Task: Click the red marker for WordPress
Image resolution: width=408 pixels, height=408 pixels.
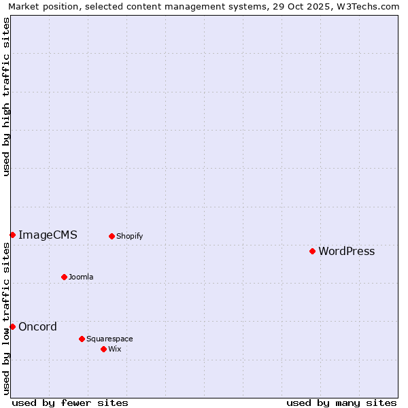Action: (312, 251)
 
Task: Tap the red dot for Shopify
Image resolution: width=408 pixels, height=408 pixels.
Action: (112, 236)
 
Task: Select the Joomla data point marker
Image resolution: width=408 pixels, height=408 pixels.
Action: (64, 277)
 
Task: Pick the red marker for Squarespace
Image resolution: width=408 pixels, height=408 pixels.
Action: (82, 339)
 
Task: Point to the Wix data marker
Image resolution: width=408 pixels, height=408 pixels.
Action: (103, 349)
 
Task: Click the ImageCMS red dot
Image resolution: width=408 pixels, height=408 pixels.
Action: (12, 235)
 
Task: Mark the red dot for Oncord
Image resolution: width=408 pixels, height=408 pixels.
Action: (12, 326)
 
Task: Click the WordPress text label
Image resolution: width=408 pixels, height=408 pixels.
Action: (346, 252)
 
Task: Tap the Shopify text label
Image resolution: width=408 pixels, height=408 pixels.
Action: (129, 237)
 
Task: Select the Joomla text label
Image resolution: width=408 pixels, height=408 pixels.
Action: (81, 277)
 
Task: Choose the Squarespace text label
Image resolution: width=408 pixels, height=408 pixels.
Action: (109, 339)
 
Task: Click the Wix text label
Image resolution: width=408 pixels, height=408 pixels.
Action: (115, 350)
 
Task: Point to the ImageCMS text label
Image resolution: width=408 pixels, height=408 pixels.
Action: (48, 235)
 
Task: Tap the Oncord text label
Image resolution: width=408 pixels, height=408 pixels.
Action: (37, 327)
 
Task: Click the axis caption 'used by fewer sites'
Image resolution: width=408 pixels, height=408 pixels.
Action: (70, 403)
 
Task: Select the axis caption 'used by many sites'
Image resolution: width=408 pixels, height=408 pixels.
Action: (341, 403)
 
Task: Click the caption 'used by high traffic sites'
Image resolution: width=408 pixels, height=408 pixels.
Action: (6, 97)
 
